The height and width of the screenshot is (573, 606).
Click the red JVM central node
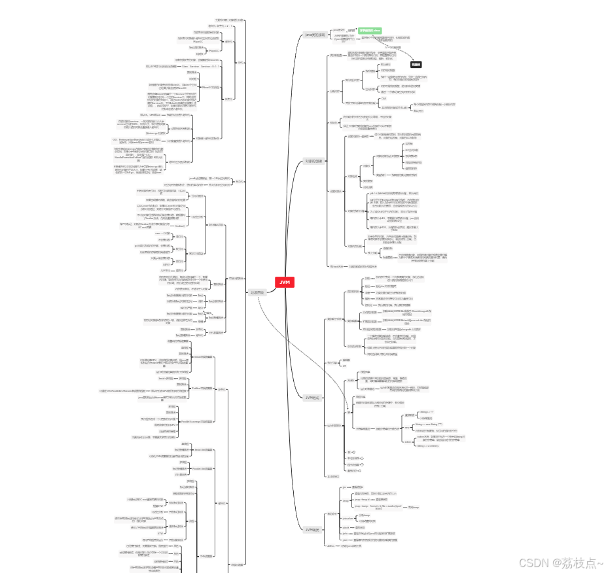[285, 282]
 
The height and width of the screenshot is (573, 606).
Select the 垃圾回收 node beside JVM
[257, 292]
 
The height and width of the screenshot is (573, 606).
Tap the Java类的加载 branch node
[315, 34]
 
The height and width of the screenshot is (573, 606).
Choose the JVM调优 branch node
[313, 529]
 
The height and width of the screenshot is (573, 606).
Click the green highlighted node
[370, 30]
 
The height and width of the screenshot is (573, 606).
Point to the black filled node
[416, 64]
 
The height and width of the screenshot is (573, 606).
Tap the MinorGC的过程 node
[209, 86]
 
